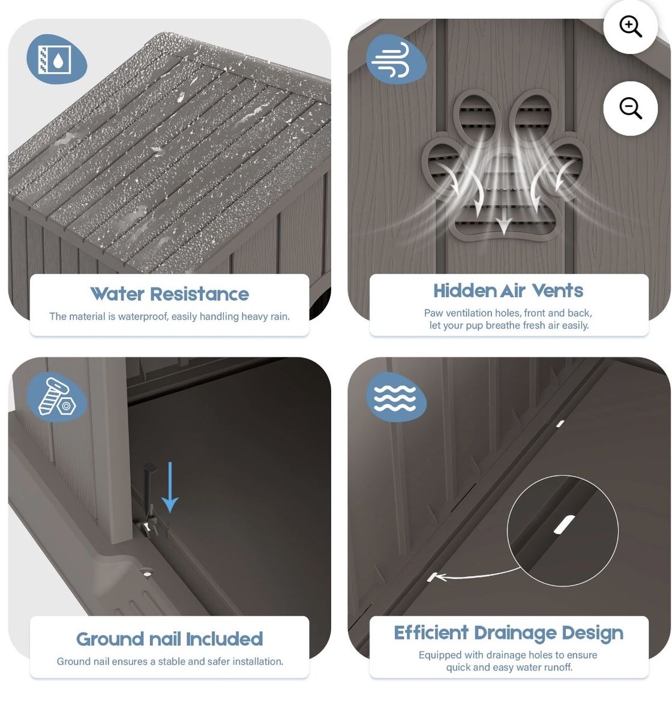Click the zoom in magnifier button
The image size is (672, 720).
coord(630,26)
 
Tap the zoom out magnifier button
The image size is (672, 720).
coord(630,108)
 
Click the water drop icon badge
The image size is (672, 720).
coord(56,59)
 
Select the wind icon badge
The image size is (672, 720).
coord(395,59)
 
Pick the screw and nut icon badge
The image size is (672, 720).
coord(56,397)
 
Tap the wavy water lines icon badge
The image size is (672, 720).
coord(395,397)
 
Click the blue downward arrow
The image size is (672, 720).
coord(169,487)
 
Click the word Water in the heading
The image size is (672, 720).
coord(117,294)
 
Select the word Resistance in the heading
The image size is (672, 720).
coord(199,294)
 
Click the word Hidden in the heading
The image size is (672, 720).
coord(464,291)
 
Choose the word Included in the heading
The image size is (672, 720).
coord(224,639)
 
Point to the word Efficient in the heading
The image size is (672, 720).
coord(431,632)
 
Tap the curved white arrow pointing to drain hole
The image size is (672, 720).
coord(475,576)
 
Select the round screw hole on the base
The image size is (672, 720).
coord(146,574)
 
